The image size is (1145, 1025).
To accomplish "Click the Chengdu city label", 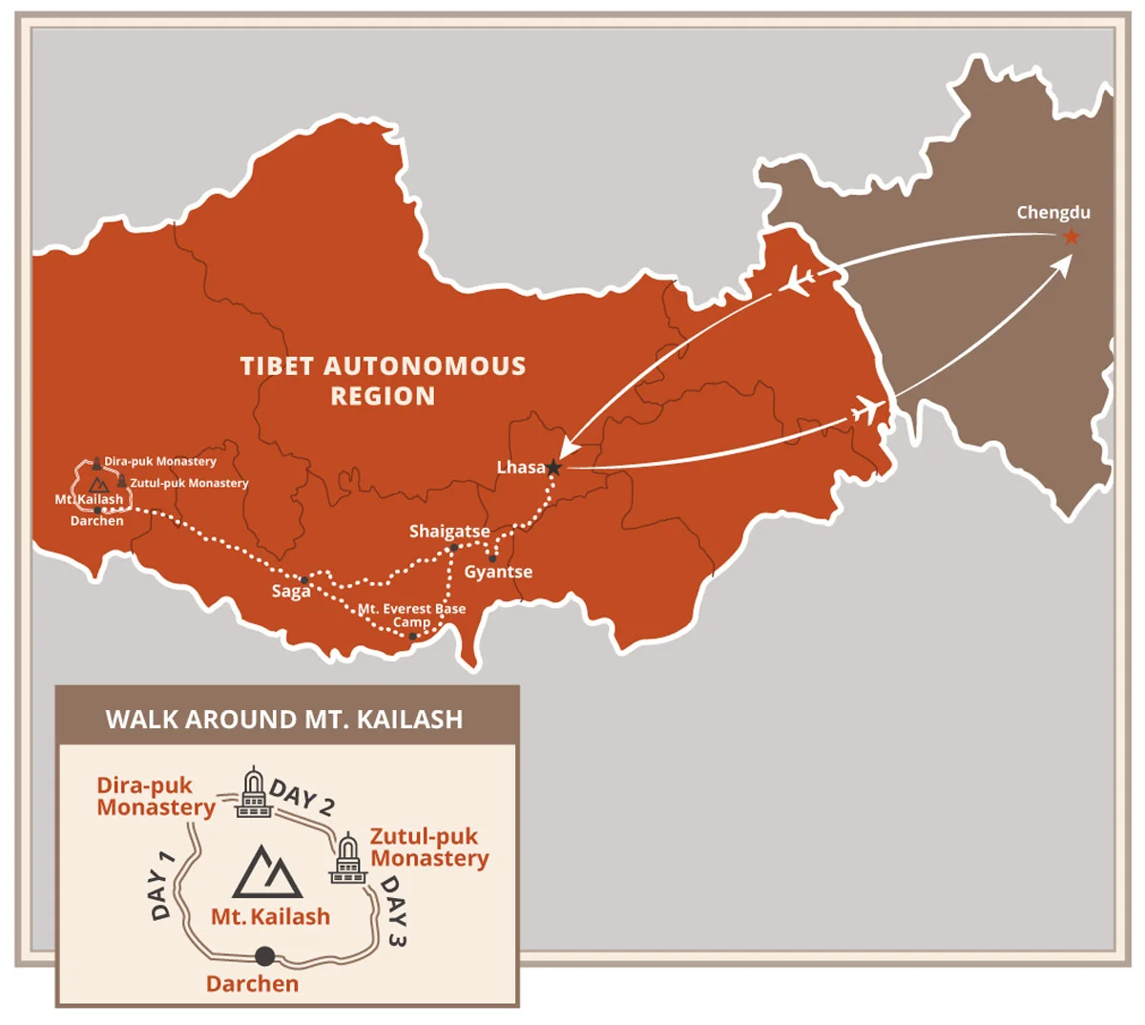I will click(x=1052, y=213).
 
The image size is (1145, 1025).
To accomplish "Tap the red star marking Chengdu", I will click(x=1072, y=237).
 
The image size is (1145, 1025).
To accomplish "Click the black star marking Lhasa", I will click(x=553, y=468).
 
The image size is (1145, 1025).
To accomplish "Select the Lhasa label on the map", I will click(x=521, y=468).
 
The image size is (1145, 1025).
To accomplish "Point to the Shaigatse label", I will click(x=449, y=532).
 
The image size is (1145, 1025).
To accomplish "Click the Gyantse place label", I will click(x=498, y=572).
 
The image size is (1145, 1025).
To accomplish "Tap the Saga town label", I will click(x=291, y=592).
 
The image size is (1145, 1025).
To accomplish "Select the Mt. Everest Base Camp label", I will click(x=412, y=616).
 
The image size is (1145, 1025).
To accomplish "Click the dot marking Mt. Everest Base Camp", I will click(x=412, y=636).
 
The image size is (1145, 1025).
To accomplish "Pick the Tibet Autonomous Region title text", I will click(x=383, y=381).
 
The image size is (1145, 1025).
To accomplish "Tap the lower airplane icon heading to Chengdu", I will click(x=866, y=411).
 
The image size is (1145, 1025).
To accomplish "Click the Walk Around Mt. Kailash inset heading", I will click(x=284, y=720).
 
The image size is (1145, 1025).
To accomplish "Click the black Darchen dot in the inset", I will click(x=264, y=955).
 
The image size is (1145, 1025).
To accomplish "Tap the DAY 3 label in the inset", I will click(x=393, y=911).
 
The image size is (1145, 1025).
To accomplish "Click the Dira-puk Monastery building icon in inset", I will click(x=253, y=792).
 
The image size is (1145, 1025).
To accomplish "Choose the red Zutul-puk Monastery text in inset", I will click(x=428, y=847).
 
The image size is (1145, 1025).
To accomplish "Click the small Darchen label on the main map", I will click(x=97, y=521).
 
